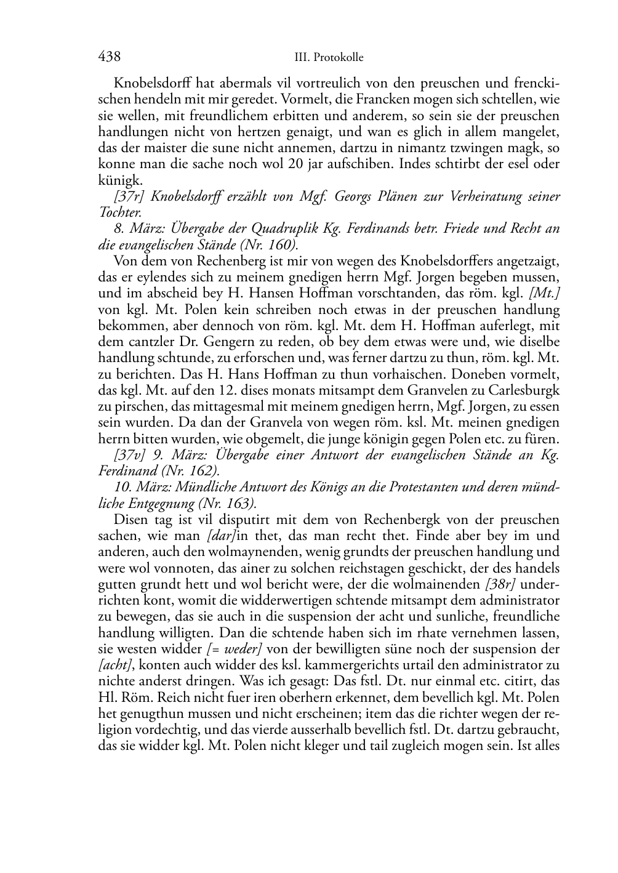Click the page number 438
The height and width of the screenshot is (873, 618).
click(x=109, y=57)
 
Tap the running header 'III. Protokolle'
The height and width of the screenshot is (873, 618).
click(x=329, y=58)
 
